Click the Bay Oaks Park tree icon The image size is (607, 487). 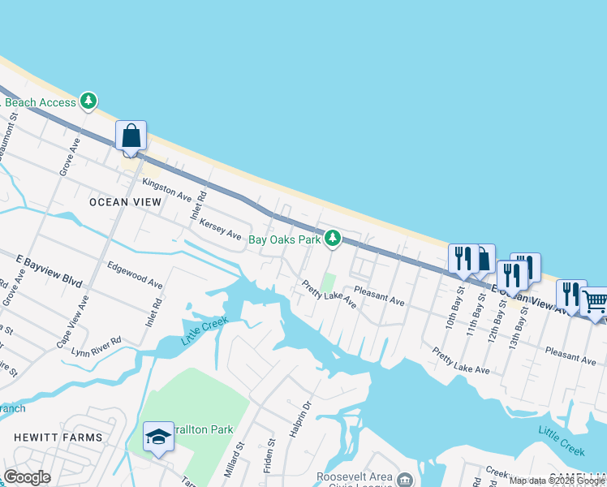click(x=332, y=239)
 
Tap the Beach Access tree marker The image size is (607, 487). click(x=88, y=102)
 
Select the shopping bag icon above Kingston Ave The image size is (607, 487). click(x=131, y=136)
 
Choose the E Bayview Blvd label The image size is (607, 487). click(x=50, y=270)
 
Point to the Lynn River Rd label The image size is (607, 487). click(x=96, y=347)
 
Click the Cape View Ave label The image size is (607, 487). click(x=74, y=321)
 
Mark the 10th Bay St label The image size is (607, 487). click(x=454, y=307)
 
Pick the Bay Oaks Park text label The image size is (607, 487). click(x=285, y=239)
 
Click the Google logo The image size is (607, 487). click(x=27, y=477)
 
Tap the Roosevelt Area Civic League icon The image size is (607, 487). click(x=403, y=481)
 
